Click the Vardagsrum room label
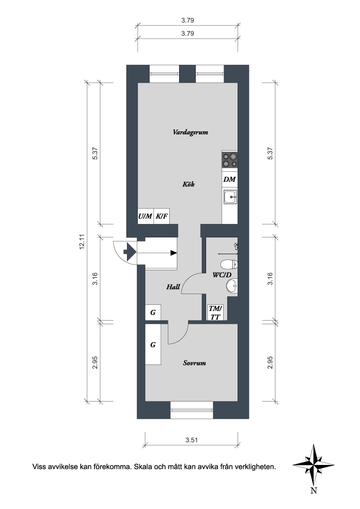coord(190,133)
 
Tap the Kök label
coord(189,184)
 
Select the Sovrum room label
coord(194,363)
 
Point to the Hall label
coord(173,286)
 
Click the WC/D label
coord(222,275)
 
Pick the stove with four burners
coord(229,161)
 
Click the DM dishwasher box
coord(229,179)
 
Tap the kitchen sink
coord(229,197)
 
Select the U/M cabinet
coord(145,216)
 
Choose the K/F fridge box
coord(162,216)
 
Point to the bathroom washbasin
coord(232,286)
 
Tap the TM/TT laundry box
coord(215,313)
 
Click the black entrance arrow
coord(129,252)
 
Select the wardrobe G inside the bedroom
coord(153,344)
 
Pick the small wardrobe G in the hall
coord(153,313)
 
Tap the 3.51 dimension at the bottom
coord(192,440)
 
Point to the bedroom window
coord(192,411)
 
